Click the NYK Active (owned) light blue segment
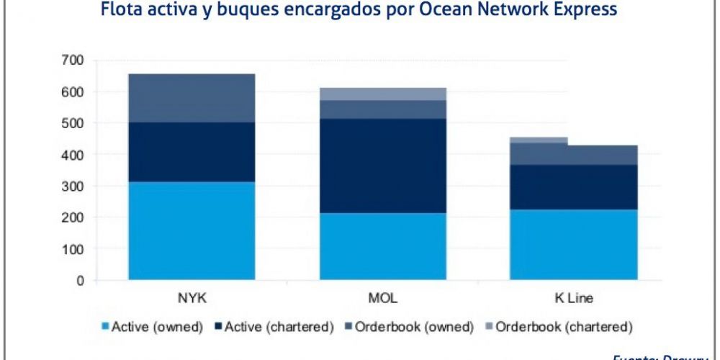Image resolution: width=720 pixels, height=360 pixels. (192, 230)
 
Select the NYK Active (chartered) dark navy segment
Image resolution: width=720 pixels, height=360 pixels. (192, 152)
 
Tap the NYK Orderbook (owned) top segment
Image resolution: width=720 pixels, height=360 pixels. (192, 98)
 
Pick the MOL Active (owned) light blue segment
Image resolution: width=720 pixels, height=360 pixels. (383, 246)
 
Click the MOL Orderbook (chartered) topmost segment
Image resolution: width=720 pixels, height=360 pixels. (383, 94)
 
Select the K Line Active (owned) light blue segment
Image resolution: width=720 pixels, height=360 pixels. (574, 244)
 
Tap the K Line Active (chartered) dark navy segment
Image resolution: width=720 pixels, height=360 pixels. (574, 187)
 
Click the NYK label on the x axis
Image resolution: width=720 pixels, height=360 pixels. (191, 299)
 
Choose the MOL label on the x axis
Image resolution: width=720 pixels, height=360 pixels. (382, 299)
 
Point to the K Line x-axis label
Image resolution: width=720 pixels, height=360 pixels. (574, 299)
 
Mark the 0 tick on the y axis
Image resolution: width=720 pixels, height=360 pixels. (81, 280)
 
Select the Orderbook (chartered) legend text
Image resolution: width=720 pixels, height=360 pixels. (564, 327)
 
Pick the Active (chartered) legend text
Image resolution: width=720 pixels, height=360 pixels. (279, 327)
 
